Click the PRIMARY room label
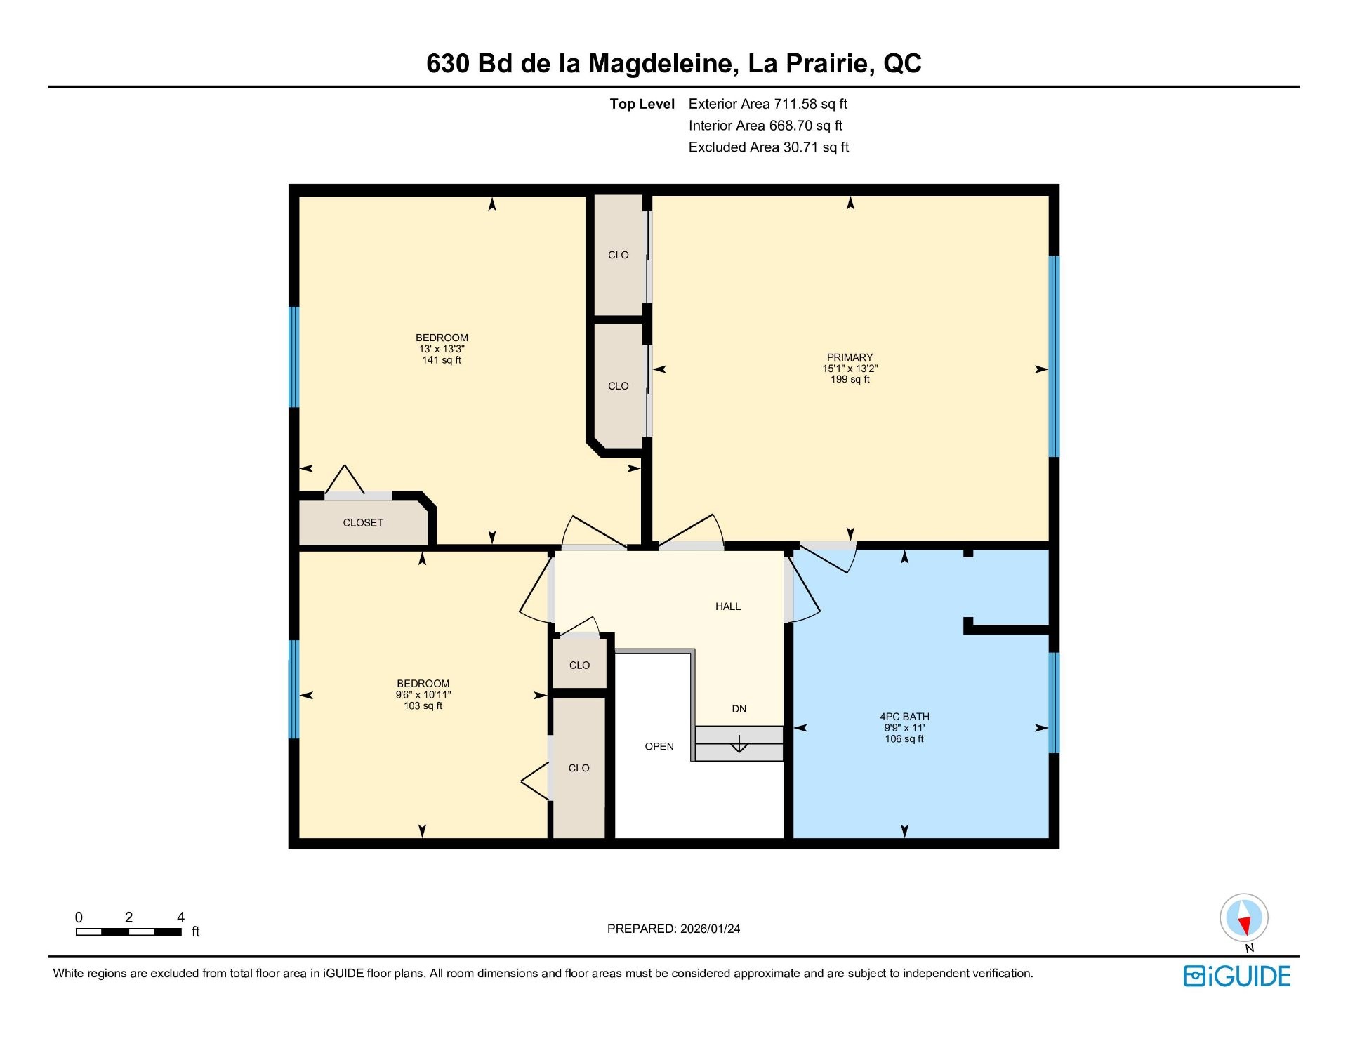point(850,357)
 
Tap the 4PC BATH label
point(904,717)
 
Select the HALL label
point(728,606)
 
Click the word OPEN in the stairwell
point(659,746)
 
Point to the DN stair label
point(739,709)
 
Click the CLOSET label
point(363,523)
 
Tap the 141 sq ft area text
point(442,360)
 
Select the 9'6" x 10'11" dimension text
point(423,695)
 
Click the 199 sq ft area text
point(850,379)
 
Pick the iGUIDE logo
point(1237,976)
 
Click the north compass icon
point(1244,918)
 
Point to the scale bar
point(129,932)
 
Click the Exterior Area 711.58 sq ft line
point(768,104)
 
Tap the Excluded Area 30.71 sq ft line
point(769,147)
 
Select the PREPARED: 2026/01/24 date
point(674,929)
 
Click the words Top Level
point(642,104)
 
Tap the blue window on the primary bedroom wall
point(1054,357)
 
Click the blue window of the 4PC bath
point(1054,703)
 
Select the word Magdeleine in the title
point(663,64)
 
